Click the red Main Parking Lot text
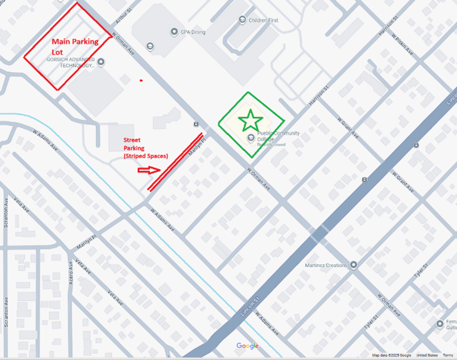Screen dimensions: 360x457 pyautogui.click(x=75, y=46)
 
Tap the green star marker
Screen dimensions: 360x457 pyautogui.click(x=251, y=120)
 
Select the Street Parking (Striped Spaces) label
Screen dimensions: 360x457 pyautogui.click(x=145, y=148)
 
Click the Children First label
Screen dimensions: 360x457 pyautogui.click(x=263, y=20)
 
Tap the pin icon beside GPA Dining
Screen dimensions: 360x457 pyautogui.click(x=174, y=32)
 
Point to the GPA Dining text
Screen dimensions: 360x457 pyautogui.click(x=193, y=32)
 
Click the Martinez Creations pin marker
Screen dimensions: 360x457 pyautogui.click(x=353, y=265)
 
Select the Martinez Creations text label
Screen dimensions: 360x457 pyautogui.click(x=326, y=265)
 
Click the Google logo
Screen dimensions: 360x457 pyautogui.click(x=247, y=346)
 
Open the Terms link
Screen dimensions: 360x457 pyautogui.click(x=448, y=355)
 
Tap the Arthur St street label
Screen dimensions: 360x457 pyautogui.click(x=123, y=16)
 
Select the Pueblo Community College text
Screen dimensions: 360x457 pyautogui.click(x=278, y=136)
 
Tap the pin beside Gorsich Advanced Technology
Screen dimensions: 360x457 pyautogui.click(x=101, y=62)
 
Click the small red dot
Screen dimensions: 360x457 pyautogui.click(x=141, y=81)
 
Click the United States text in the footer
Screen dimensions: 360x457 pyautogui.click(x=427, y=355)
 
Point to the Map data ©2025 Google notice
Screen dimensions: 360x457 pyautogui.click(x=391, y=355)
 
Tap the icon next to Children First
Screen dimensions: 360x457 pyautogui.click(x=242, y=20)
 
